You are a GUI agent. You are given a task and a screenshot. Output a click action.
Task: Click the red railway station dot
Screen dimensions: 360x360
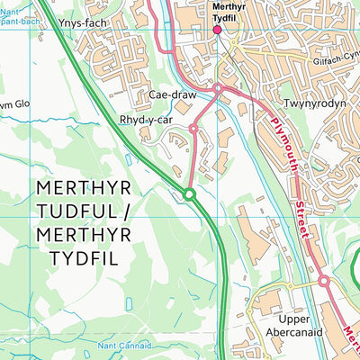[216, 30]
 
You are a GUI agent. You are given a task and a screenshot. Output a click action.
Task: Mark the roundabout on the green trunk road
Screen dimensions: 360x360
[189, 194]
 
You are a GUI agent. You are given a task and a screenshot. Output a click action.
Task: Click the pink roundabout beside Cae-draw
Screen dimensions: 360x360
[218, 88]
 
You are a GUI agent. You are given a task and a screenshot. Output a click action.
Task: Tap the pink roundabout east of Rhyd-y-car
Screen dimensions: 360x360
[193, 130]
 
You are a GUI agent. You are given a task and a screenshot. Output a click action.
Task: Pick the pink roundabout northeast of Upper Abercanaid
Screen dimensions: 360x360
[323, 283]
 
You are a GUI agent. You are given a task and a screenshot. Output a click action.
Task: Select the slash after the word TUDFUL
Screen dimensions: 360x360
[127, 212]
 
